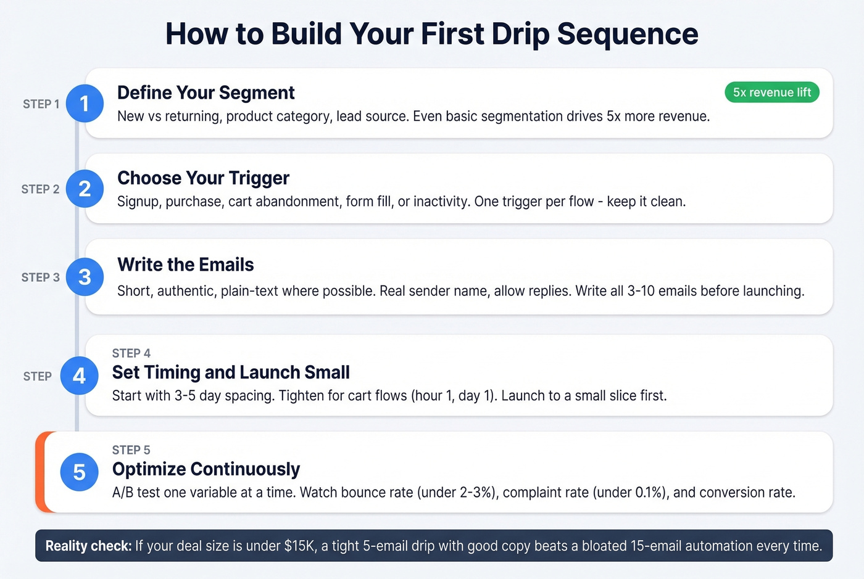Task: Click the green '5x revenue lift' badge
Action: pyautogui.click(x=771, y=92)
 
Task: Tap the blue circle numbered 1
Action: pyautogui.click(x=85, y=104)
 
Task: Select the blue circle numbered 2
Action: pyautogui.click(x=85, y=189)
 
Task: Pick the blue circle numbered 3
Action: pyautogui.click(x=85, y=277)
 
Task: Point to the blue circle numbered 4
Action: pyautogui.click(x=79, y=376)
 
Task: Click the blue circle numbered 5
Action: pyautogui.click(x=79, y=472)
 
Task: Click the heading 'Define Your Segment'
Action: pyautogui.click(x=206, y=92)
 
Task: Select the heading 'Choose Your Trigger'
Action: pyautogui.click(x=203, y=178)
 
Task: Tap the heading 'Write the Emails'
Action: pyautogui.click(x=185, y=265)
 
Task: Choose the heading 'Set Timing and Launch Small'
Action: pyautogui.click(x=231, y=372)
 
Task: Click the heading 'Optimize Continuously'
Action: pyautogui.click(x=206, y=469)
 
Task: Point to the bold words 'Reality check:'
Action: pyautogui.click(x=88, y=546)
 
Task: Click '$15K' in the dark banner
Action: pyautogui.click(x=299, y=546)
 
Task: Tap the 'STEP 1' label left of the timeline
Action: pyautogui.click(x=41, y=104)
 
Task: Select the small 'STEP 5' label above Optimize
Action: pyautogui.click(x=131, y=450)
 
